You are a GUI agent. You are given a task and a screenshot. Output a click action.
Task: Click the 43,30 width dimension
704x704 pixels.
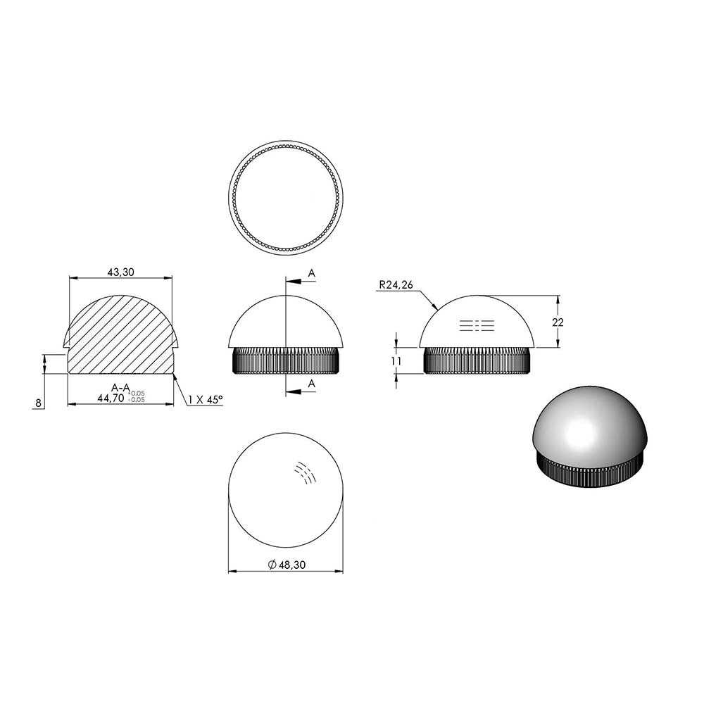coord(120,272)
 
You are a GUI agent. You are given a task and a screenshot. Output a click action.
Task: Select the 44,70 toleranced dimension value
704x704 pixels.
coord(111,398)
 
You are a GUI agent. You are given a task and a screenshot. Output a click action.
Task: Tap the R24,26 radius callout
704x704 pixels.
coord(396,284)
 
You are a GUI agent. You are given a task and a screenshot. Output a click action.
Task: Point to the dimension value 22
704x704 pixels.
coord(558,322)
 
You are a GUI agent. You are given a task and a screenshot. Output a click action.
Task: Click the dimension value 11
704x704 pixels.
coord(396,361)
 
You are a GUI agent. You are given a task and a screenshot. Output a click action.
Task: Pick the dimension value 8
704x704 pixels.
coord(39,403)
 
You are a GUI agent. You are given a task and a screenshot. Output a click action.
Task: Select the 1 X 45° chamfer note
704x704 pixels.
coord(206,399)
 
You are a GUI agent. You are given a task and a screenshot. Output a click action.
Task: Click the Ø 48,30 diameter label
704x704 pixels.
coord(287,565)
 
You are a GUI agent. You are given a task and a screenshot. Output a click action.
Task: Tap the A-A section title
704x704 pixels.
coord(121,387)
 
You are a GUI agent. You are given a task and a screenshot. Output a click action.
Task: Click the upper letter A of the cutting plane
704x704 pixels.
coord(312,273)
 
